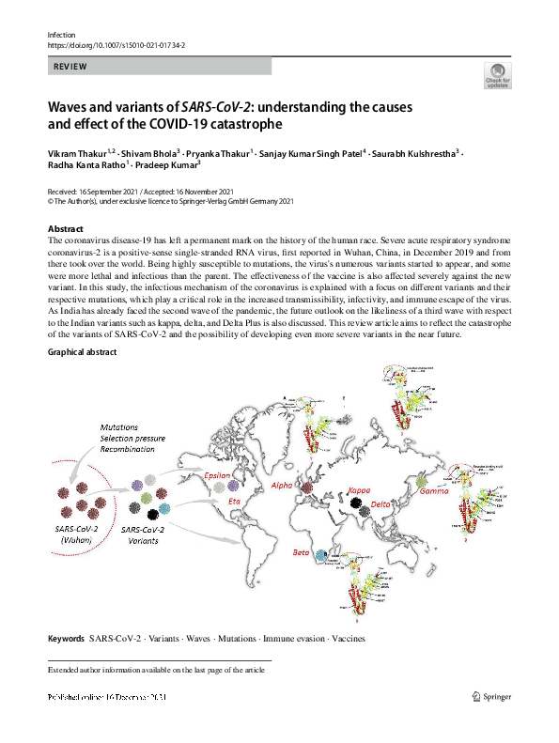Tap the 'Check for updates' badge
tap(497, 75)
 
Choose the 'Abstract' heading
tap(66, 229)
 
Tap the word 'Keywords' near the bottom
tap(66, 639)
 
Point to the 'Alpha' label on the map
tap(282, 487)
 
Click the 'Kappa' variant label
tap(359, 491)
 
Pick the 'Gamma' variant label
tap(435, 492)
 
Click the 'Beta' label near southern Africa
tap(301, 552)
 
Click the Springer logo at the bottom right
tap(497, 697)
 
